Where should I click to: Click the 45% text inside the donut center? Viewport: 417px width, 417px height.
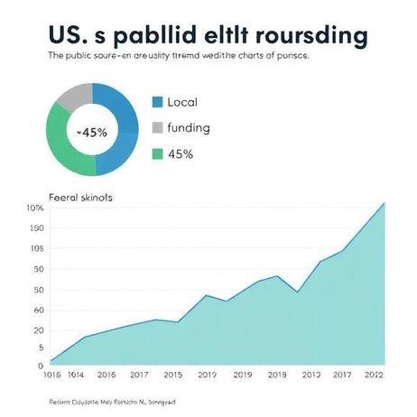(x=92, y=132)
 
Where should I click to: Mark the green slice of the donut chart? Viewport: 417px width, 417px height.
(x=63, y=144)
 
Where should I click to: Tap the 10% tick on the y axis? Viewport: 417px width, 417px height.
(x=34, y=208)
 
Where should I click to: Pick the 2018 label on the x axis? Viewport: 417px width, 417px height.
(x=277, y=374)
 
